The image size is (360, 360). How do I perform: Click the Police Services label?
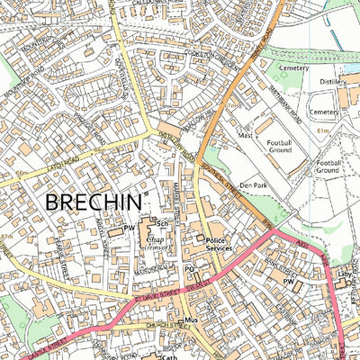220,242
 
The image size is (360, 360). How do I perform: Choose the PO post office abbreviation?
189,268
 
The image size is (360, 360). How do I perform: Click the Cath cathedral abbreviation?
169,356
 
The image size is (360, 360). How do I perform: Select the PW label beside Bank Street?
289,283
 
